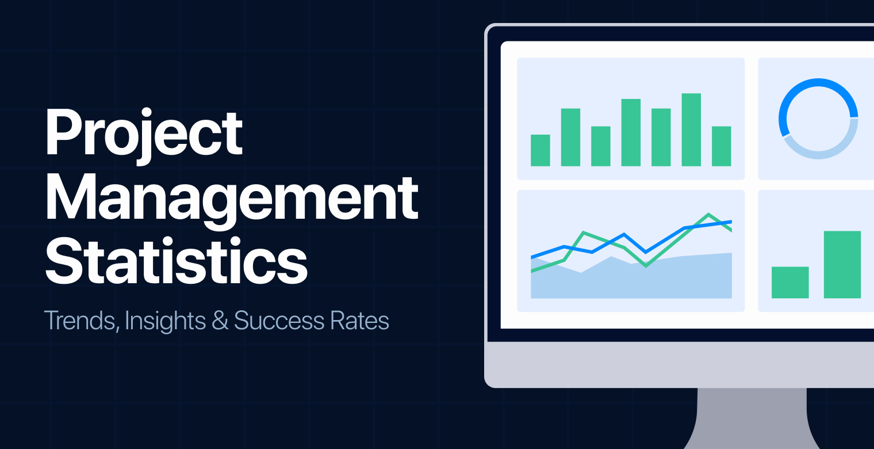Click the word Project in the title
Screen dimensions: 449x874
144,134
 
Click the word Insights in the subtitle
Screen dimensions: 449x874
165,321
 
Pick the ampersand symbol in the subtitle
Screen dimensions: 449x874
220,321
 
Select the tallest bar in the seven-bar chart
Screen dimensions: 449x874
691,130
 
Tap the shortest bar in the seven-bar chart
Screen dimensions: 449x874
540,150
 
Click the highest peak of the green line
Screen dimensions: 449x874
708,214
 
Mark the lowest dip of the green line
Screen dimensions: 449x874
646,265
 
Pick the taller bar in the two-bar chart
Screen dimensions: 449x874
842,264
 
